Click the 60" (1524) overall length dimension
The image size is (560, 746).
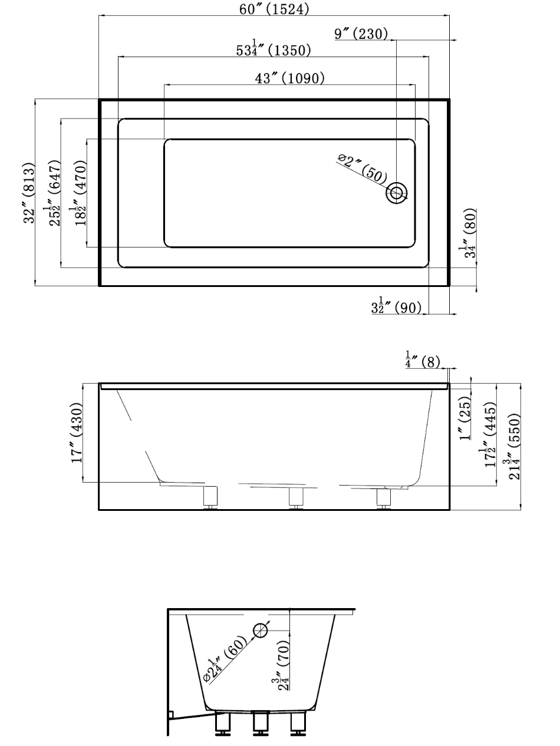coord(275,9)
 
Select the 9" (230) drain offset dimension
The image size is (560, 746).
coord(361,34)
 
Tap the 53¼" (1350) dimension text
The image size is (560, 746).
coord(274,49)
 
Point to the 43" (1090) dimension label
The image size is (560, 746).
coord(289,78)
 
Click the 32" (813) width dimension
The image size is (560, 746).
coord(28,192)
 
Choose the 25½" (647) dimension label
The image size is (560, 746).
coord(54,192)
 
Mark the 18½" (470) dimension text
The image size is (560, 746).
coord(80,192)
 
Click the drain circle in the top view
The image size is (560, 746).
coord(397,193)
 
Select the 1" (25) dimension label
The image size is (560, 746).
coord(466,418)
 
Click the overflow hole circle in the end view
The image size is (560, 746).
coord(260,631)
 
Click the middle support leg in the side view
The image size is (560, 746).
coord(295,498)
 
